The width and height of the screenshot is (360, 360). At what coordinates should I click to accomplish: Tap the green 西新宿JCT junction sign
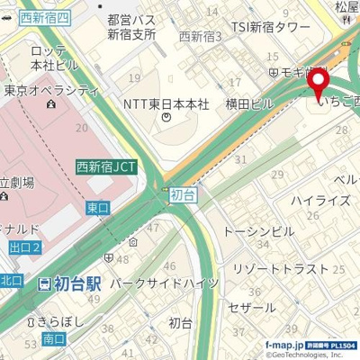(107, 166)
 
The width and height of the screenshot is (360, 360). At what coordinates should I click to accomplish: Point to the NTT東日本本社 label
(166, 104)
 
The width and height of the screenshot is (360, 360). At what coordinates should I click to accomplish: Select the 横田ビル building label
(249, 103)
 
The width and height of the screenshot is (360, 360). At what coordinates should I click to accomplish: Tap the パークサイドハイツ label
(164, 283)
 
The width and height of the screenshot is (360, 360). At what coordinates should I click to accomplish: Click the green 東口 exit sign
(97, 207)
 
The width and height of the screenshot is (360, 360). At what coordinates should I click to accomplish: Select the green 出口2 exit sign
(24, 248)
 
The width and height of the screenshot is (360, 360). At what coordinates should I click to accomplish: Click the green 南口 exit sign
(53, 338)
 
